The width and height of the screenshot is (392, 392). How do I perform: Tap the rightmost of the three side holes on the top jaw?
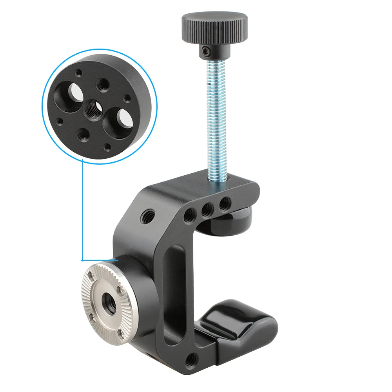(x=225, y=203)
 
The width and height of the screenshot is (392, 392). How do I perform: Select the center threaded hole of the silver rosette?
(x=107, y=303)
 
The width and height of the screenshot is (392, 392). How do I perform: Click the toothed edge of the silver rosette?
(x=87, y=298)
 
